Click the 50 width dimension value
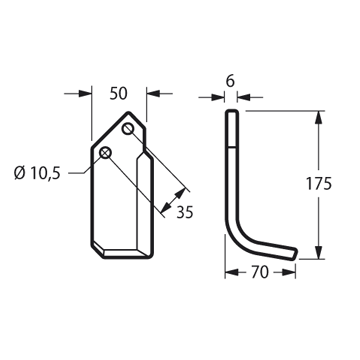coord(119,94)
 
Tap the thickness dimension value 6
coord(230,81)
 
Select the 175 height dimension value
coord(319,184)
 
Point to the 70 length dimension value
coord(260,272)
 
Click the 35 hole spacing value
coord(185,212)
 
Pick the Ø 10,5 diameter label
coord(37,173)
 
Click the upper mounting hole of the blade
coord(128,129)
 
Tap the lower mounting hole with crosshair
coord(105,153)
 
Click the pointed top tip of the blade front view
coord(129,113)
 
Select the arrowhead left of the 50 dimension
coord(85,94)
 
